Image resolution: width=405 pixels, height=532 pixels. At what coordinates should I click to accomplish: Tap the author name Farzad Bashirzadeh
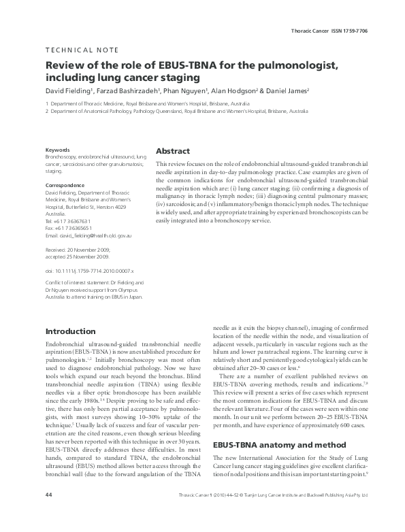(136, 90)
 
